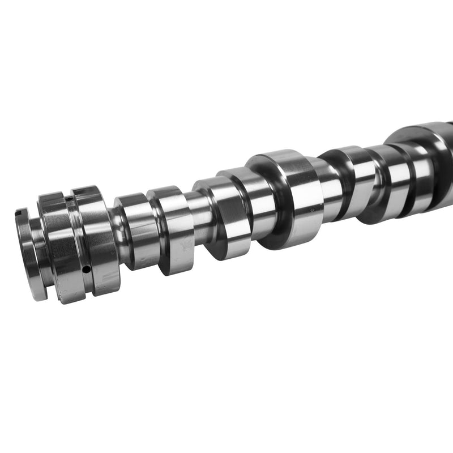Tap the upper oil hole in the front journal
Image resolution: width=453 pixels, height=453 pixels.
[x=67, y=199]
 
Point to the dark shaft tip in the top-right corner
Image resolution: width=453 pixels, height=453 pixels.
[x=447, y=126]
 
